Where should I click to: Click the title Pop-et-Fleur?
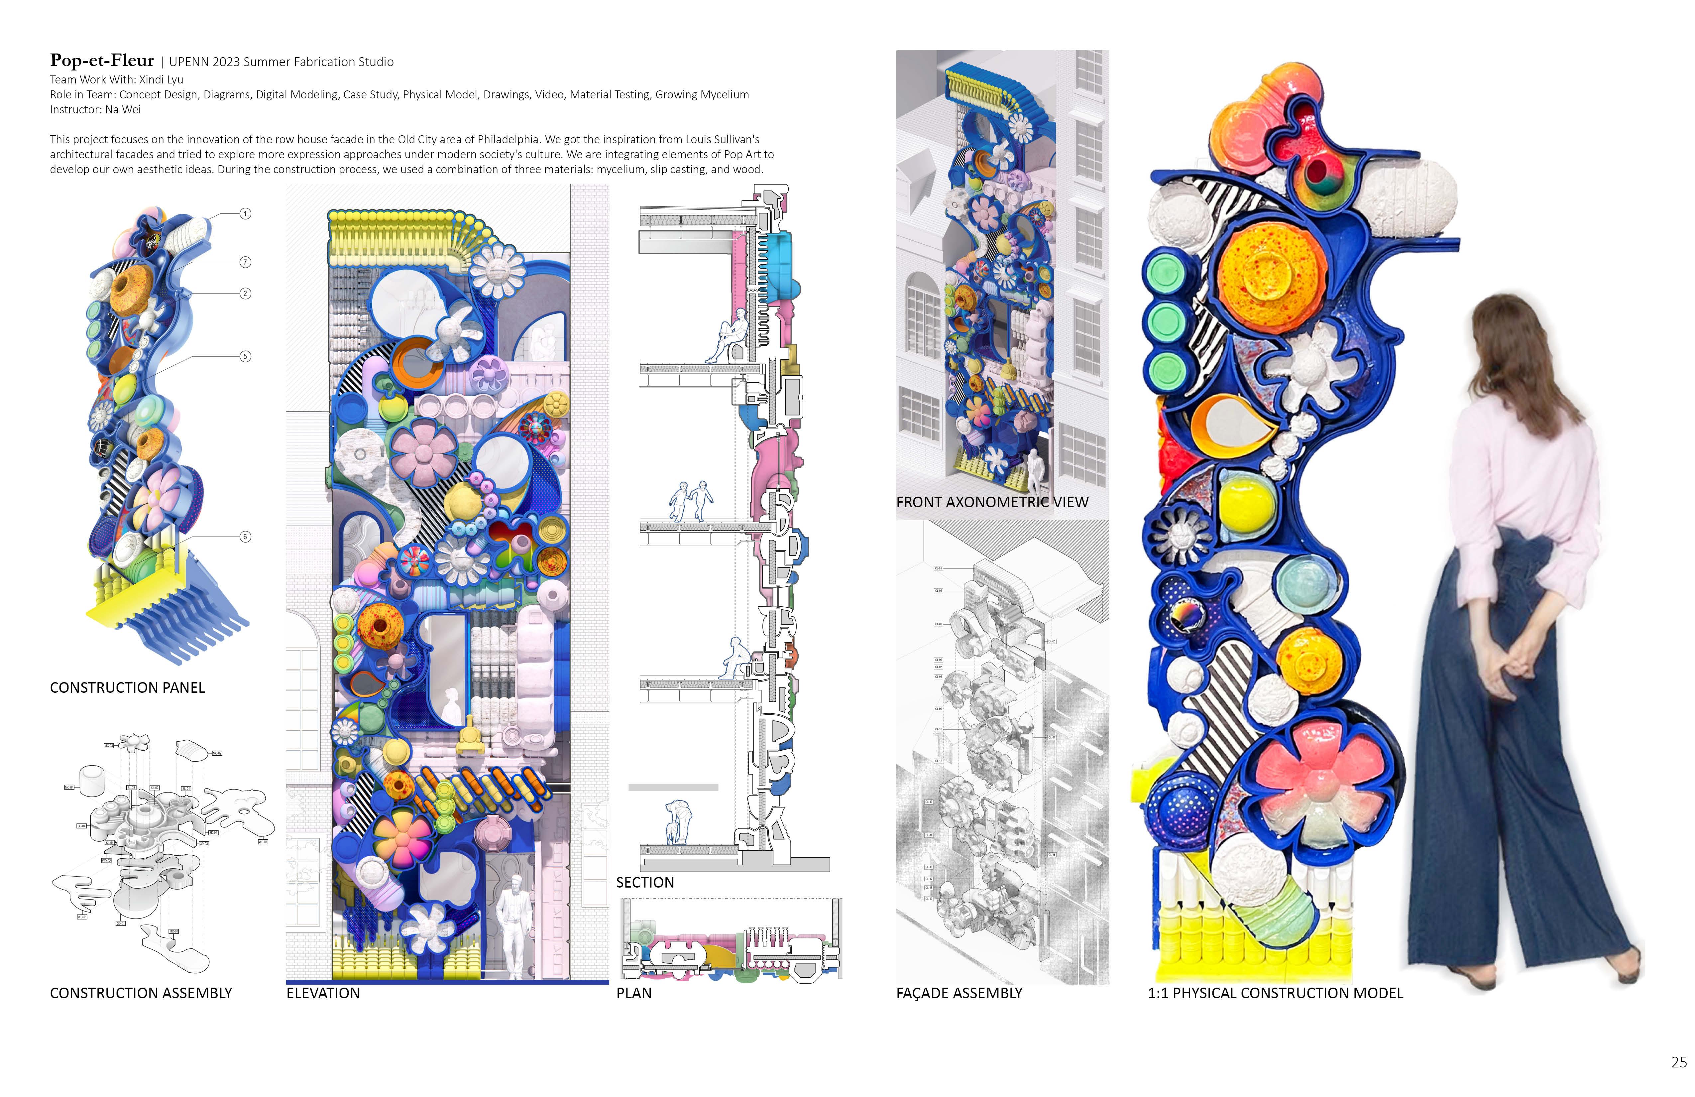[x=102, y=61]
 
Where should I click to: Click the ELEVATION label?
[x=323, y=993]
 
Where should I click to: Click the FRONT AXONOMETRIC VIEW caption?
[x=991, y=502]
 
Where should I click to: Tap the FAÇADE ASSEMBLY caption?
[x=959, y=993]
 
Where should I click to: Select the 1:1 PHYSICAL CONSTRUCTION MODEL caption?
[x=1275, y=993]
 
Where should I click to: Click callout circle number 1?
[x=245, y=214]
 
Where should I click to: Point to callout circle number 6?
[x=245, y=537]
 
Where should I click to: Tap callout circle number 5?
[x=245, y=356]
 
